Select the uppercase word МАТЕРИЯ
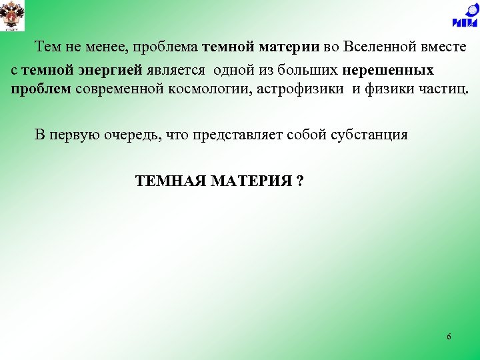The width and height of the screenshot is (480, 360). click(x=250, y=181)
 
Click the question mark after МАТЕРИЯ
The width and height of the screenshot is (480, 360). click(x=300, y=181)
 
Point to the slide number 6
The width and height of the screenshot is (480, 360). click(x=449, y=337)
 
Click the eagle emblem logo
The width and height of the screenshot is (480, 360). click(x=13, y=17)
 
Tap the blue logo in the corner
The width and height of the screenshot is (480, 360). click(x=464, y=17)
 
